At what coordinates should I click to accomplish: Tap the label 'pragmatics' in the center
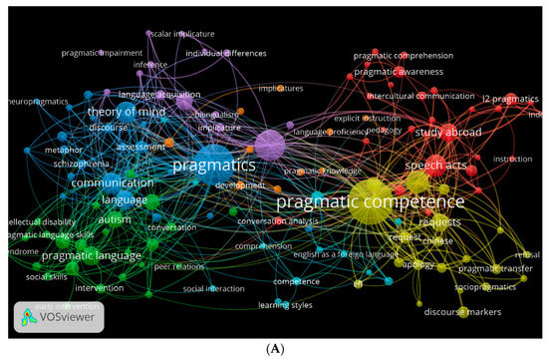click(214, 165)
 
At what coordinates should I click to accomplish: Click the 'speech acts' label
click(436, 165)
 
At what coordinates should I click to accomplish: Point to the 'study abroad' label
click(448, 132)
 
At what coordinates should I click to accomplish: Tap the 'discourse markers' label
click(461, 312)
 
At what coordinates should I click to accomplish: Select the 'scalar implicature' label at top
click(181, 33)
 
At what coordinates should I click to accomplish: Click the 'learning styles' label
click(286, 305)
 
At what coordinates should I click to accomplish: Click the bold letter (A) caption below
click(274, 348)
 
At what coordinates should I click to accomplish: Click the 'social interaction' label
click(213, 288)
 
